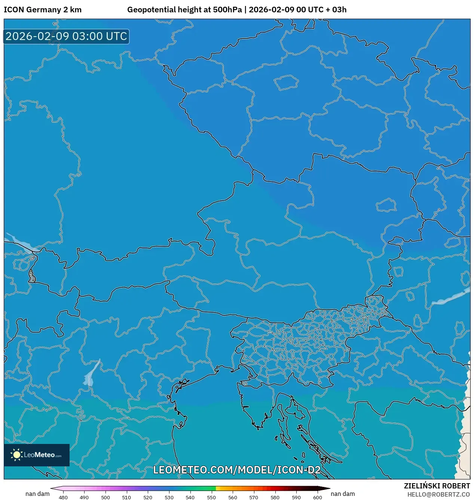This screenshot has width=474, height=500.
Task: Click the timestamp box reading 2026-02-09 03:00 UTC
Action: point(66,36)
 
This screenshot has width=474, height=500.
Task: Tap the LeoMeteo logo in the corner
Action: point(37,455)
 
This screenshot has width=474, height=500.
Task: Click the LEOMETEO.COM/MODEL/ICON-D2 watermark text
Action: point(237,470)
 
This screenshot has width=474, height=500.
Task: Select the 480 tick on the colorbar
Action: point(63,497)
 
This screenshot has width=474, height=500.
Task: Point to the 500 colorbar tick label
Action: point(105,497)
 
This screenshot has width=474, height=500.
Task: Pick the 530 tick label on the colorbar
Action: point(169,497)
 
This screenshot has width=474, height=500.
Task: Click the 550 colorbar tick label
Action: point(211,497)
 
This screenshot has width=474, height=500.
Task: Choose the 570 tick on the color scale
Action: point(254,497)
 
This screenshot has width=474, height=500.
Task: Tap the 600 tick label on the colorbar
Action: point(317,497)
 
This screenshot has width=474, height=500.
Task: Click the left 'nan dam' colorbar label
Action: point(37,494)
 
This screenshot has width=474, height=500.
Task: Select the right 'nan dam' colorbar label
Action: point(343,494)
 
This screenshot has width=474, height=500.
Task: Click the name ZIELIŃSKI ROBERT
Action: point(437,486)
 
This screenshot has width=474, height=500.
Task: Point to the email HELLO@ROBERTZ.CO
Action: point(438,494)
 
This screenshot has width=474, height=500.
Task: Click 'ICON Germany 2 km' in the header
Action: point(43,10)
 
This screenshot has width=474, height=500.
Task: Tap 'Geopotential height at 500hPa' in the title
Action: point(184,10)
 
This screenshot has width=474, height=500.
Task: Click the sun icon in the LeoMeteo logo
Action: point(16,455)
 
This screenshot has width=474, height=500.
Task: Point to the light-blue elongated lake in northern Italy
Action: point(91,374)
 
